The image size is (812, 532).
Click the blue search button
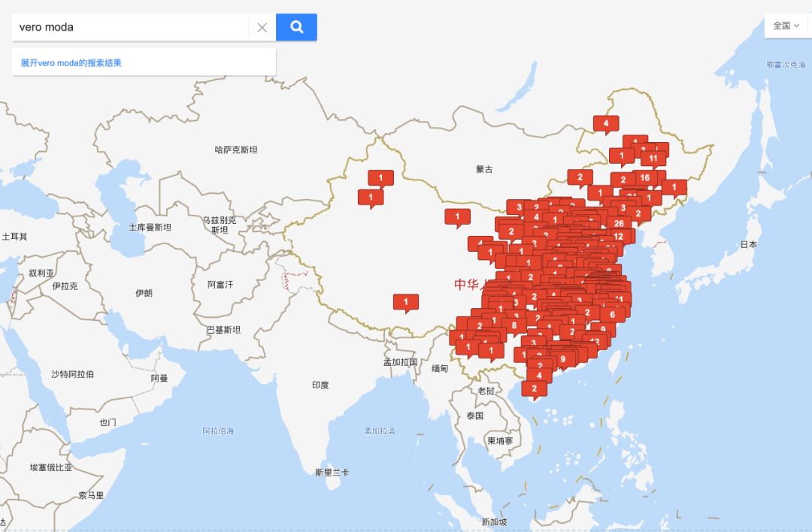pos(296,27)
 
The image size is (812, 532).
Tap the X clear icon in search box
pos(262,28)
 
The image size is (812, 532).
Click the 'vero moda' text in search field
pos(47,27)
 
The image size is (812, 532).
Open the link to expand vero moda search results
pos(71,63)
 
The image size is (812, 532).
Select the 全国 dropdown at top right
pos(786,26)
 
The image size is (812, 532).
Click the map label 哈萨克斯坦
pos(236,150)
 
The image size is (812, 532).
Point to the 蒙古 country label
pos(484,169)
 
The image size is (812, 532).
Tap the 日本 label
pos(748,244)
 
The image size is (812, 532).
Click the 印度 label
pos(320,385)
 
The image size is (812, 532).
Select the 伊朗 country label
pos(144,293)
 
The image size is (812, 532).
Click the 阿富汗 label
pos(220,285)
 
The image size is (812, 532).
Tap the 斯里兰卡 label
pos(332,472)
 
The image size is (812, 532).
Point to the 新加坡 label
pos(494,521)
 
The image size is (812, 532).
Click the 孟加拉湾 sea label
pos(380,431)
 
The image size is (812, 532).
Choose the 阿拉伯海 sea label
pos(218,431)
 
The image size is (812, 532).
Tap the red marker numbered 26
pos(618,222)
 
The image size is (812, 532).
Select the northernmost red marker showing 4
pos(606,122)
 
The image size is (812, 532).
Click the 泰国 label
pos(474,416)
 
